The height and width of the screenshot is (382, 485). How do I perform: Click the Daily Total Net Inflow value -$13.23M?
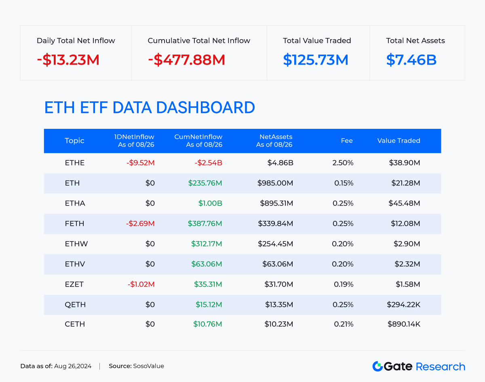68,60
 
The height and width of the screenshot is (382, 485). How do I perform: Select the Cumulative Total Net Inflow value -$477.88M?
186,60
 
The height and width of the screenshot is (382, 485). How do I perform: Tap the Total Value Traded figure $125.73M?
316,60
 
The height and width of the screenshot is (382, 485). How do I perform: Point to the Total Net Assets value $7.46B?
411,60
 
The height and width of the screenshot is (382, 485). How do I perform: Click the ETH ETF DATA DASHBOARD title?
150,108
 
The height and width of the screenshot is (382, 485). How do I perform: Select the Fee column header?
347,141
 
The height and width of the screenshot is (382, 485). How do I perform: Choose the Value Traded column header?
399,141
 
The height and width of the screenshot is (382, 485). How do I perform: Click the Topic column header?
74,141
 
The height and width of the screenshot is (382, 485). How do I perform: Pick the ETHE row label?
75,163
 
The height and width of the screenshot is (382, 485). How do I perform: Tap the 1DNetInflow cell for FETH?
140,224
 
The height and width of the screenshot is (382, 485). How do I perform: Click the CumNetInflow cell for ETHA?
210,204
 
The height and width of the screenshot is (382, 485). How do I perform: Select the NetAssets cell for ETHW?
275,244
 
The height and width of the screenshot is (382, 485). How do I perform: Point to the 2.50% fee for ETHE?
343,163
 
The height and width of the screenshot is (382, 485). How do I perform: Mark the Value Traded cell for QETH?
403,304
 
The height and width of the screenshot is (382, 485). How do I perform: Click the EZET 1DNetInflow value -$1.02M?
141,284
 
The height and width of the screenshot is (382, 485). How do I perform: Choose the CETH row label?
75,324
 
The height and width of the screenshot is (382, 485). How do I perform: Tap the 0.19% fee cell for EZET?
344,284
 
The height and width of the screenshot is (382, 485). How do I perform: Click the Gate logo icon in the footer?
377,366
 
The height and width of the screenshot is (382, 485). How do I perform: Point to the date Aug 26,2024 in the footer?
73,366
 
